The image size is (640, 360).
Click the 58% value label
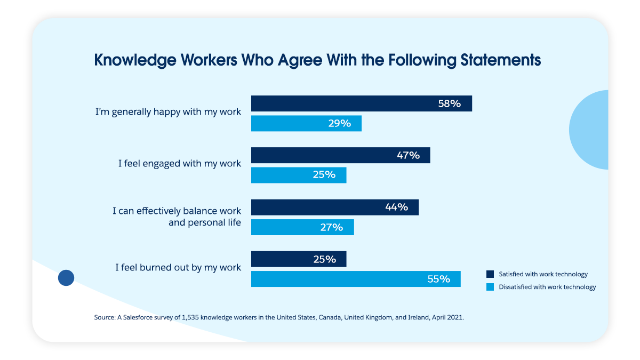(449, 103)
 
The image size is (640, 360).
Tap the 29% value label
(339, 124)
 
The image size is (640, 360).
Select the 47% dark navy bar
(340, 156)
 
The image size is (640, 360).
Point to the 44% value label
(396, 207)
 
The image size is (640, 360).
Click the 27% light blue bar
(302, 227)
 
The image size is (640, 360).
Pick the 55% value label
(438, 279)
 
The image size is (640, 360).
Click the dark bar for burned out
(299, 259)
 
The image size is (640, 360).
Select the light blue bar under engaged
(299, 175)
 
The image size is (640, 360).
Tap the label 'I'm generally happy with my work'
(168, 113)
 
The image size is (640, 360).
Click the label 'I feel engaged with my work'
(180, 164)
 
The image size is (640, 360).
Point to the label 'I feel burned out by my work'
(178, 267)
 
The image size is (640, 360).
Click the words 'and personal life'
(205, 222)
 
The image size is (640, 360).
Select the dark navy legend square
(490, 274)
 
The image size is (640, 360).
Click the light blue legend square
(490, 287)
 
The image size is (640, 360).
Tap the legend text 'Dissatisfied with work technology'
(547, 287)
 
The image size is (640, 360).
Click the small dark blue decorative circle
(66, 277)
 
